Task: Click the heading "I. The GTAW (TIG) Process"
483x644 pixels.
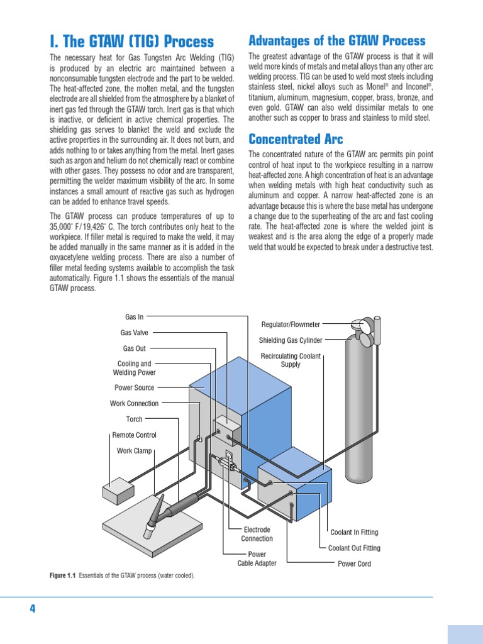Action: pos(131,42)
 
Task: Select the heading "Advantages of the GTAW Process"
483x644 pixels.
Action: pos(337,41)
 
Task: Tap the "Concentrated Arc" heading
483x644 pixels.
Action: pos(296,139)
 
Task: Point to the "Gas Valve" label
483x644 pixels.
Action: pos(134,333)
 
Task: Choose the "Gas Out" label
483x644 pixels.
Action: pos(134,348)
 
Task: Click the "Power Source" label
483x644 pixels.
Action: pos(134,388)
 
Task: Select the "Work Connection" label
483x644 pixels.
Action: pos(134,404)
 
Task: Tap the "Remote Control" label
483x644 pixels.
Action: pos(134,435)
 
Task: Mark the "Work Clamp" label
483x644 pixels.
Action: pos(134,451)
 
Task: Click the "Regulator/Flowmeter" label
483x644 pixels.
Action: pos(291,325)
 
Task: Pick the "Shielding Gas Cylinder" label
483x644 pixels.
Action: pos(291,340)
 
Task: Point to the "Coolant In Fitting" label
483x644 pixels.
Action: pos(354,533)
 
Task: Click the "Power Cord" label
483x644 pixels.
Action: pos(354,564)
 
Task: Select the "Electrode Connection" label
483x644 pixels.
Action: pos(257,534)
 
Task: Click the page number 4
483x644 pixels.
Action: pos(32,609)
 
